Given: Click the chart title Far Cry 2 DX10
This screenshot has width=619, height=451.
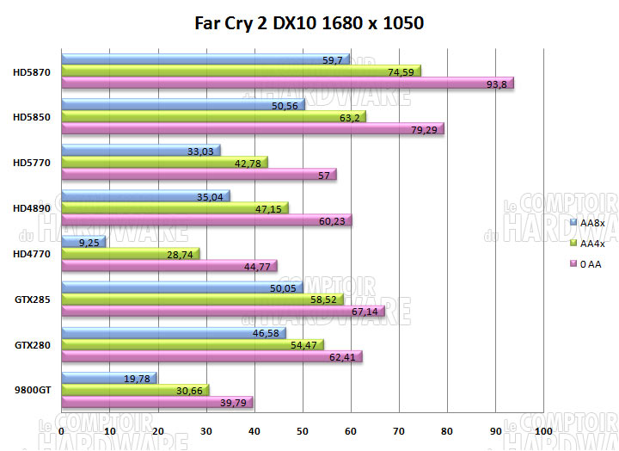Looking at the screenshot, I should (x=309, y=23).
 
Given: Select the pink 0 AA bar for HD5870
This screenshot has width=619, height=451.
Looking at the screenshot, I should (x=286, y=83).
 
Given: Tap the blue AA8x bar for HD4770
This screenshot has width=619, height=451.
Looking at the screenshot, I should (x=83, y=242).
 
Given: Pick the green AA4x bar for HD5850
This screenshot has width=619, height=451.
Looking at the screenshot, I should (x=212, y=116).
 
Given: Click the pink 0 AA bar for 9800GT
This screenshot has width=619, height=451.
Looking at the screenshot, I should (x=156, y=402).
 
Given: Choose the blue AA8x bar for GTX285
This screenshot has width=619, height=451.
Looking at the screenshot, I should (x=181, y=287).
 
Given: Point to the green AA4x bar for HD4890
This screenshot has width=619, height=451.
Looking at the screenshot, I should (x=175, y=207).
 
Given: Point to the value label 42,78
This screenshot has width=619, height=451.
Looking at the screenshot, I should (x=250, y=163).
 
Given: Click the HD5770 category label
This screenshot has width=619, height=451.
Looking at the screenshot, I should (x=33, y=162).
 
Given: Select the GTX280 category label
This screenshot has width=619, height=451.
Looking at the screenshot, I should (x=33, y=344).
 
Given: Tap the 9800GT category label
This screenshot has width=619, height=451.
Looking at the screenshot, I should (x=33, y=390).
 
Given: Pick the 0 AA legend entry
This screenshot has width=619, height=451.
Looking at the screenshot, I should (x=591, y=264).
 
